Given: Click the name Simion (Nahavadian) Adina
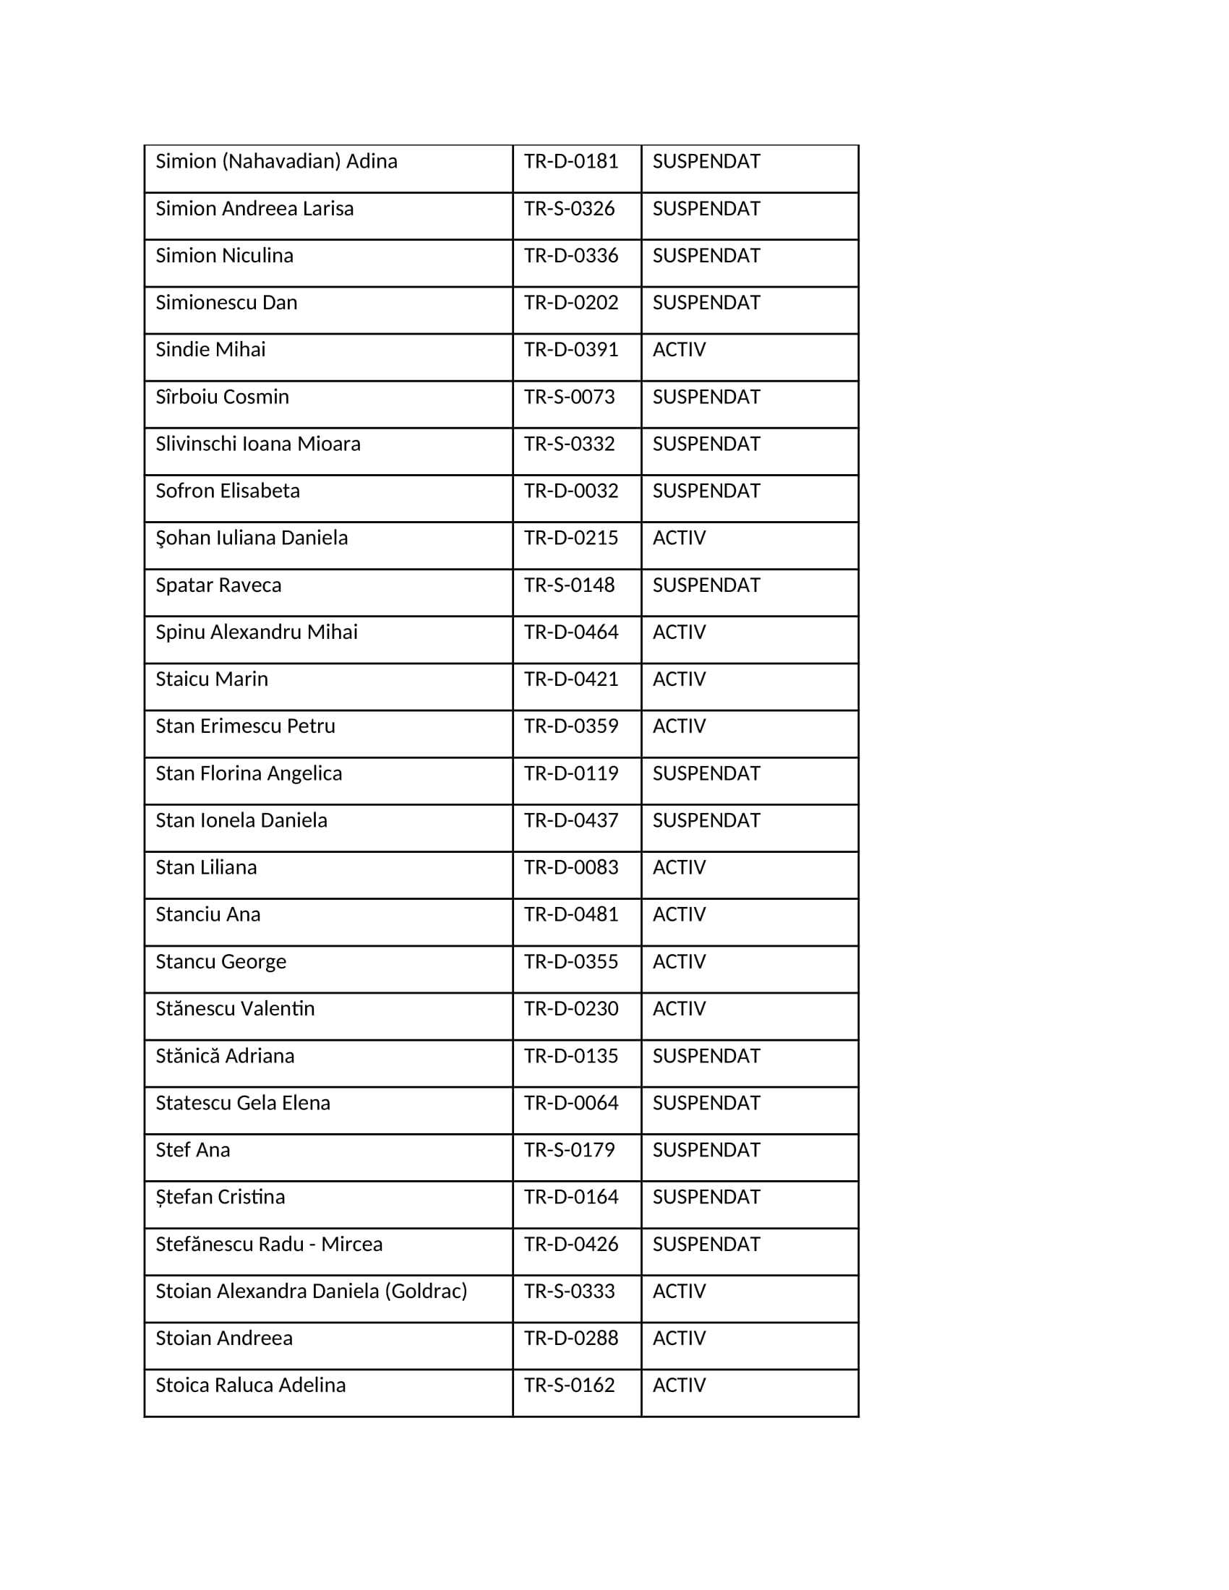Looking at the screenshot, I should pos(276,161).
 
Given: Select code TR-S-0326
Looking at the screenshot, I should pos(570,209).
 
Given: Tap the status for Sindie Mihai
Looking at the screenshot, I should pos(679,350).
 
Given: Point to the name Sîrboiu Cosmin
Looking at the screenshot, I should pos(222,397).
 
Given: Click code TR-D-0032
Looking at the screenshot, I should pos(571,491).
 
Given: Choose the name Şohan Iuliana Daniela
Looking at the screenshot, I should pos(251,538).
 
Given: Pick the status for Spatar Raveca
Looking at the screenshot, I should pos(706,585).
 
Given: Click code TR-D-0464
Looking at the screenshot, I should pos(571,632).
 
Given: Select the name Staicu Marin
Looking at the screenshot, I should pos(212,679).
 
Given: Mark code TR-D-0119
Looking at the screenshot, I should pos(571,773).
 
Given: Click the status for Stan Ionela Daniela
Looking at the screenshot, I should pos(706,820).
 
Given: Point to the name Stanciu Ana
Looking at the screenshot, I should pos(207,914).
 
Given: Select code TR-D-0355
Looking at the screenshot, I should pos(571,962).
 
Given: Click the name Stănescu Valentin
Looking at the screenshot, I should pos(234,1008).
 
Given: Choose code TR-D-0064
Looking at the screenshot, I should pos(571,1103).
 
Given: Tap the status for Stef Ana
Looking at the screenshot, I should pos(706,1150).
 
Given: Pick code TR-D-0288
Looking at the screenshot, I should pos(571,1338).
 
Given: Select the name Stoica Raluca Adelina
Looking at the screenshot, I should pos(250,1385).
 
